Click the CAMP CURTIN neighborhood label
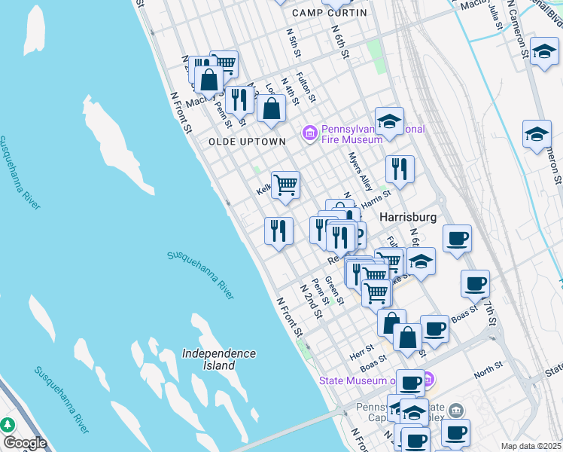[330, 13]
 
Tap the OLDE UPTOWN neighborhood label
[247, 142]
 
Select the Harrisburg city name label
[408, 217]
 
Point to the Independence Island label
[219, 359]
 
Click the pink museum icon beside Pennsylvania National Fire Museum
[309, 133]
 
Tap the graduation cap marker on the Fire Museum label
[389, 121]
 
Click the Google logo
[25, 443]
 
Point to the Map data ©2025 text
[531, 446]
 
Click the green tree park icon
[8, 425]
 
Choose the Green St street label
[334, 290]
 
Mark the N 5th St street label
[294, 44]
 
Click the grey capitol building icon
[455, 411]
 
